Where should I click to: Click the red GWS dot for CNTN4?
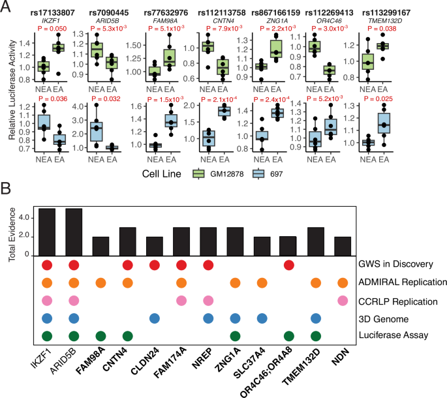pos(127,266)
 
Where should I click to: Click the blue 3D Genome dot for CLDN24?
pos(155,318)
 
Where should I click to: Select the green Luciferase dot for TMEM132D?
pos(316,336)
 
